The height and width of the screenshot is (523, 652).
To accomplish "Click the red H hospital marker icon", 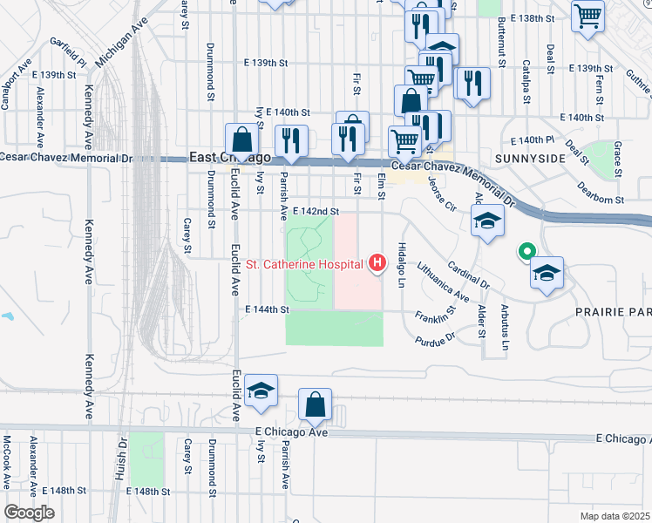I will (377, 262).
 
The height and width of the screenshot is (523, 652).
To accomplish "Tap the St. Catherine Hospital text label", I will (304, 263).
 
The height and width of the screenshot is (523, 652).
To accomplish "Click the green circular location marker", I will (526, 254).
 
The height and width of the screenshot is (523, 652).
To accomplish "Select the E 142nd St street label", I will (315, 211).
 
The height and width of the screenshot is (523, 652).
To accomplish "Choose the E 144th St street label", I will (267, 309).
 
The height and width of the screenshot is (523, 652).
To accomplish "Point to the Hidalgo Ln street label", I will (403, 266).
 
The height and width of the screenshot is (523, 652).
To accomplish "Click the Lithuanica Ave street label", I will (443, 282).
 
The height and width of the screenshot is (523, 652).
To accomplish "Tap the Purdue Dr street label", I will (438, 336).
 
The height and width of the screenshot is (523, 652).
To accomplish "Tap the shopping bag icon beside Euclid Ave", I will (241, 139).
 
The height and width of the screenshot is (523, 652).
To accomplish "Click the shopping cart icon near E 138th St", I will (588, 15).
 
